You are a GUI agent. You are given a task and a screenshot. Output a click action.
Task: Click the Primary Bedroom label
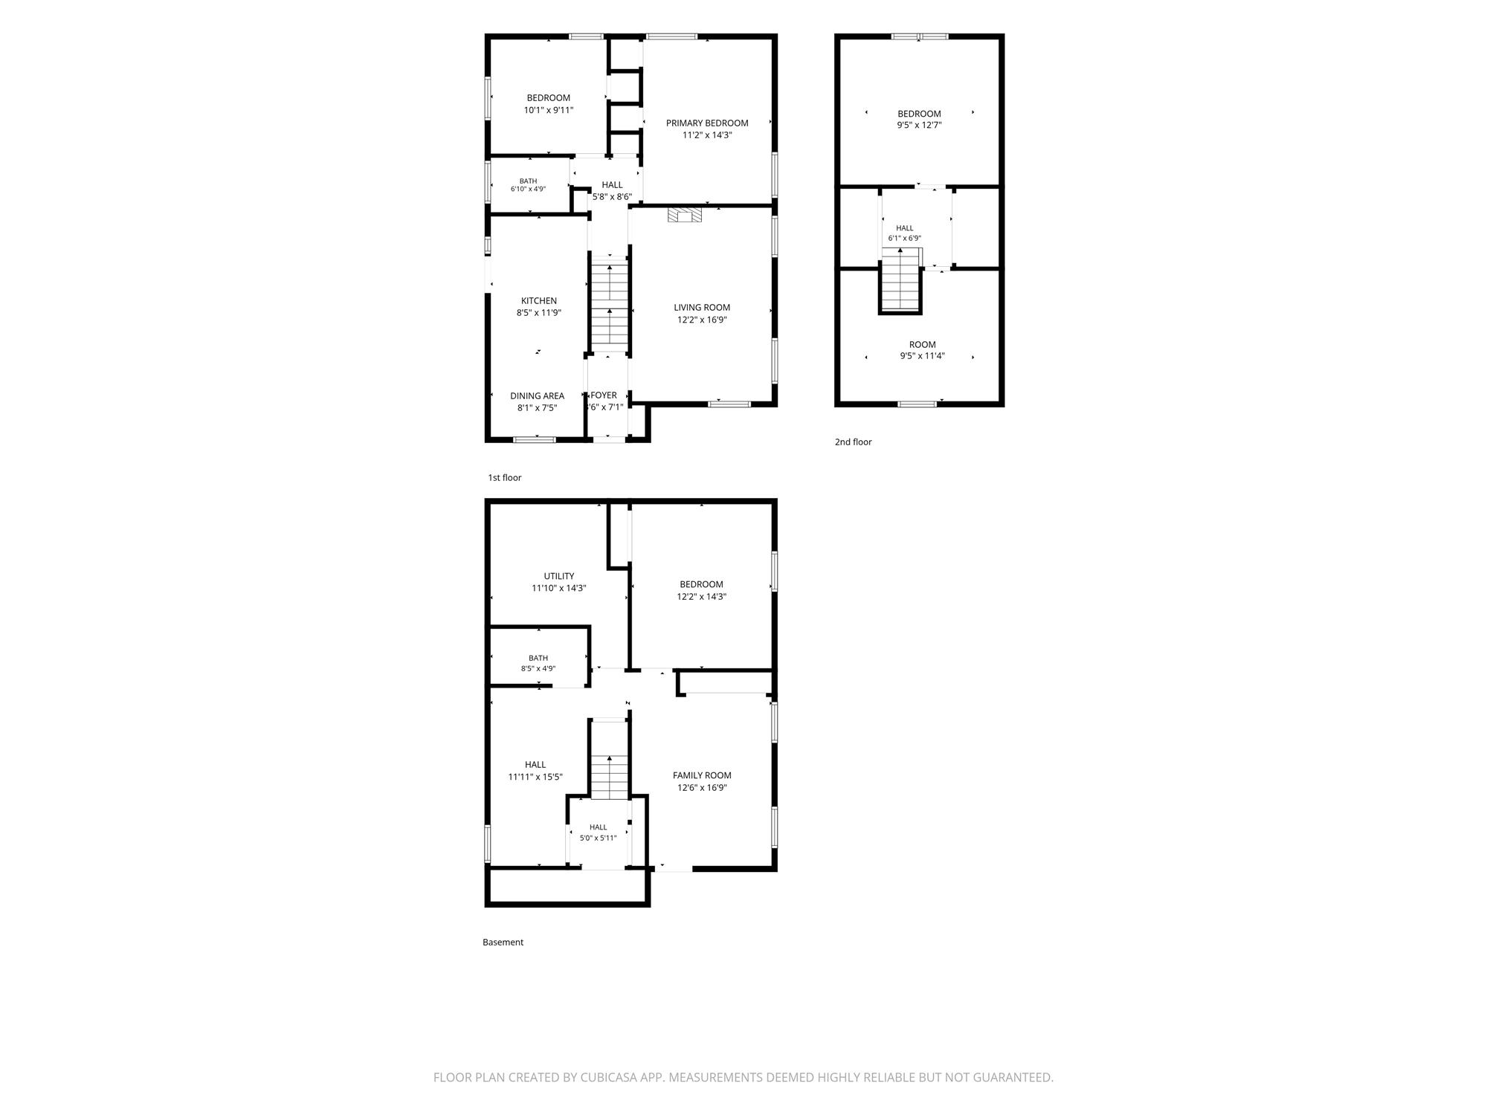(707, 123)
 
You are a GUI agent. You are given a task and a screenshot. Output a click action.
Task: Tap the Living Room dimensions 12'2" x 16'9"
(702, 320)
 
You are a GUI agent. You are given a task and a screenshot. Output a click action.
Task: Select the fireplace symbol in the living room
(685, 215)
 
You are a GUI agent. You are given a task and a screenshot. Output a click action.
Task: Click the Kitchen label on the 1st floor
(539, 301)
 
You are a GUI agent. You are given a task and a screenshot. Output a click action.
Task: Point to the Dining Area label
(537, 396)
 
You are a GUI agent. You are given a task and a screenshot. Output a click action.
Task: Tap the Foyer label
(604, 395)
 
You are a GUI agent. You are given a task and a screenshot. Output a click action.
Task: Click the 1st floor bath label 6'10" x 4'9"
(528, 185)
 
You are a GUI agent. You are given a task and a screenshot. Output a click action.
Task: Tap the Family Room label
(702, 775)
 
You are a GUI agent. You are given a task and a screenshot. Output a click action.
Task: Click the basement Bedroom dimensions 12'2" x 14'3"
(702, 596)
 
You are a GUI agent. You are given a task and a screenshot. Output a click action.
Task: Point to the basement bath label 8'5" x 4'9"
(538, 663)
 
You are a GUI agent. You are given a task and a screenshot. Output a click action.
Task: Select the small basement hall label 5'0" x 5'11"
(599, 833)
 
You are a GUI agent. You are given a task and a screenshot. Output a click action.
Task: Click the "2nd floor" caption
(853, 442)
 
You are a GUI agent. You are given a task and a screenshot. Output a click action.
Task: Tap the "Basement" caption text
(503, 943)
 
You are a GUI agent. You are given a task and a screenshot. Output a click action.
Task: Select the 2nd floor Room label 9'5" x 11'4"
(923, 350)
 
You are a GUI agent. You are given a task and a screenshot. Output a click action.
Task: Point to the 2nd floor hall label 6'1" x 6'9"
(905, 233)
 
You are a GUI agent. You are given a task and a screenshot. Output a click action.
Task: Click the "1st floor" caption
(505, 478)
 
